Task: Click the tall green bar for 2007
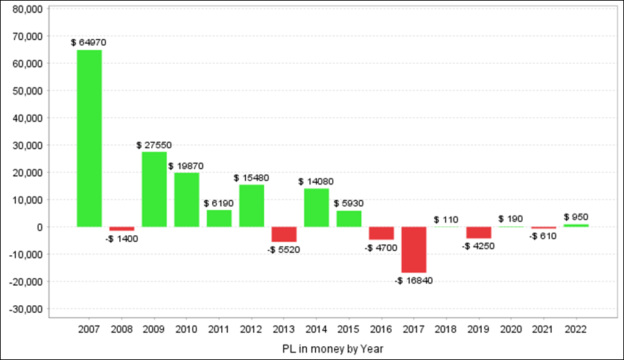point(89,138)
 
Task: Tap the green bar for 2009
point(154,189)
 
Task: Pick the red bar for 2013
point(284,234)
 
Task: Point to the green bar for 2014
point(316,207)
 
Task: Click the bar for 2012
point(252,205)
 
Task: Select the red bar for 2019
point(478,232)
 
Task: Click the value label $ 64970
point(89,43)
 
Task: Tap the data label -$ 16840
point(413,281)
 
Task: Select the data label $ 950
point(576,217)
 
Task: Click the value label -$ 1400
point(122,239)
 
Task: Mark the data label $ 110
point(446,219)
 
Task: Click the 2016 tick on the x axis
point(381,329)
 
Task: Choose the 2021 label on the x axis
point(544,329)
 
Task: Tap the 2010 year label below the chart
point(187,329)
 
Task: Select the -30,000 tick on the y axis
point(26,309)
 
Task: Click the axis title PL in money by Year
point(332,348)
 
